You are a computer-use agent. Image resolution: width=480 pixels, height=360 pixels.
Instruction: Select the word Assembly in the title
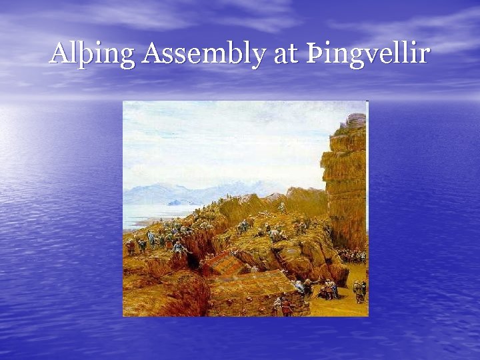point(204,53)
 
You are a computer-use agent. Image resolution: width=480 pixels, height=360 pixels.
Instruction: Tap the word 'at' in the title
point(285,53)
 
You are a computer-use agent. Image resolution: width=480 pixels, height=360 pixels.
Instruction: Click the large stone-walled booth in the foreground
point(250,293)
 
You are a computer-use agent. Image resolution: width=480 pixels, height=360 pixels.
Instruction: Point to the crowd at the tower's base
point(350,255)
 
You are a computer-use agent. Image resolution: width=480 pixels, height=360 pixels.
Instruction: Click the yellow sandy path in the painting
point(340,303)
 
